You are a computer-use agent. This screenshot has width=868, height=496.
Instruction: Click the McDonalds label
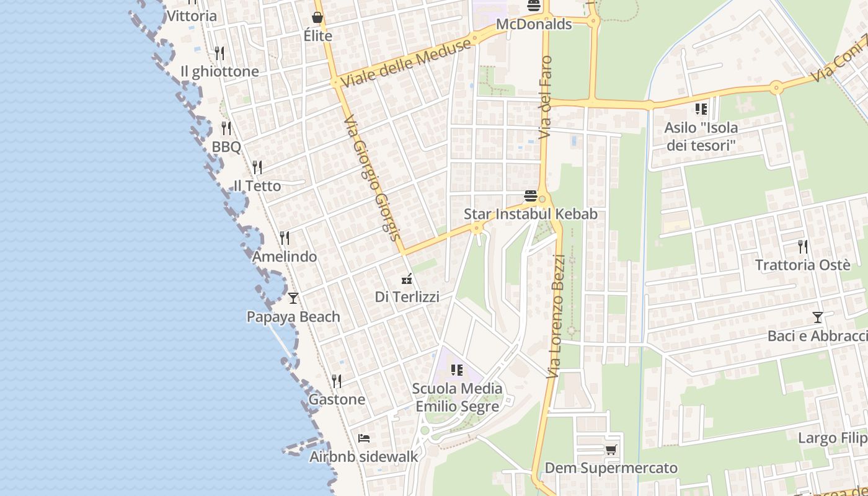coord(534,24)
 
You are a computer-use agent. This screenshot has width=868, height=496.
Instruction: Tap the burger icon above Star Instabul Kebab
coord(531,196)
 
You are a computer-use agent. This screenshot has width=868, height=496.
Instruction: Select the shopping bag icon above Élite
coord(317,17)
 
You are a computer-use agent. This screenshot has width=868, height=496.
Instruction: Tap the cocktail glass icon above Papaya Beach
coord(293,298)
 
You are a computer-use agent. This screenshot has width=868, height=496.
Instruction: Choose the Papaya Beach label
coord(293,317)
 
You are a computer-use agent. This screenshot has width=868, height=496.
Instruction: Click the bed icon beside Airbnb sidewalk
coord(364,438)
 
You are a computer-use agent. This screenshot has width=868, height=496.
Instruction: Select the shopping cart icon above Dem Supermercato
coord(611,449)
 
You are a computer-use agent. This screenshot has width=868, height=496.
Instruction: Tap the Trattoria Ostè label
coord(802,265)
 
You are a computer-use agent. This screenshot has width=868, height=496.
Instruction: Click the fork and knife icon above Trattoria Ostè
coord(803,247)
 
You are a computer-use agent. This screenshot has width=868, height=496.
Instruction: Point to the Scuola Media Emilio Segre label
coord(458,397)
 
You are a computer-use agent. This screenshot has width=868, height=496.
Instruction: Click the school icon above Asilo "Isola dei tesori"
coord(701,110)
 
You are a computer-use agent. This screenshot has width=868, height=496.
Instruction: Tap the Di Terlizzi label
coord(407,297)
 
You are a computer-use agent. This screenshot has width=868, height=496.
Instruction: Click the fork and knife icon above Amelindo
coord(285,237)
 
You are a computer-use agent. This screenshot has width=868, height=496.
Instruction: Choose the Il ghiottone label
coord(219,72)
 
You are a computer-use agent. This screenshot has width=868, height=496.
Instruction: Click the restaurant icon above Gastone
coord(337,381)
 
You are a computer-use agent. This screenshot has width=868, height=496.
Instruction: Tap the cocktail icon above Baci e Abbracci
coord(818,317)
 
